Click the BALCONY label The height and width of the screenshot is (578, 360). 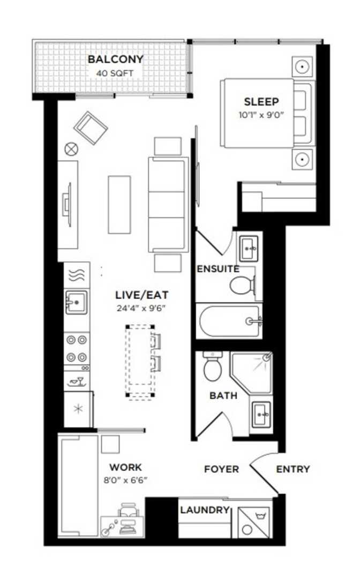pos(115,59)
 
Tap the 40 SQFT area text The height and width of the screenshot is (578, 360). pos(115,73)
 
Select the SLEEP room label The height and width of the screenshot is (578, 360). pos(261,101)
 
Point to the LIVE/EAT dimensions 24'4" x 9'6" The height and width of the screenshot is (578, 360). pos(141,309)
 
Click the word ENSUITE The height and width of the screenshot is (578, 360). pos(218,269)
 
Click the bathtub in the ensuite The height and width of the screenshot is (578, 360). pos(229,321)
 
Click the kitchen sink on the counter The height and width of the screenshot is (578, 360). pos(77,302)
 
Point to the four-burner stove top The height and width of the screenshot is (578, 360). pos(77,349)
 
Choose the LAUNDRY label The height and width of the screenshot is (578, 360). pos(205,510)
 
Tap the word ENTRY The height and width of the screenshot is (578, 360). pos(293,469)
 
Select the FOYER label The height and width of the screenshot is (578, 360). pos(221,469)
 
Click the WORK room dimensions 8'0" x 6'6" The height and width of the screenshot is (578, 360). pos(126,481)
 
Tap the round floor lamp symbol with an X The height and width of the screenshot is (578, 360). pos(71,149)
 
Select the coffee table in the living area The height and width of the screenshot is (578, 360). pos(119,205)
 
